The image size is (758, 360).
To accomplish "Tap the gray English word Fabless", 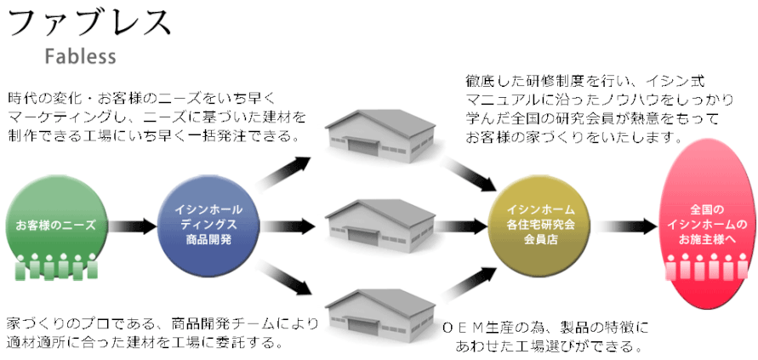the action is [x=81, y=56].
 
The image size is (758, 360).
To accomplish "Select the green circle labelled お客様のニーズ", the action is [x=57, y=225].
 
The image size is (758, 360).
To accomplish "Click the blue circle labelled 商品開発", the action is [x=208, y=226].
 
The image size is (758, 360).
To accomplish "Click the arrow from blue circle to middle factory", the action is [x=288, y=226].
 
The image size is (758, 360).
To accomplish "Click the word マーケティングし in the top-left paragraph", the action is [x=57, y=117].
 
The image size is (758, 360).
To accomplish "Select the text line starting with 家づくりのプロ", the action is [x=162, y=323].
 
